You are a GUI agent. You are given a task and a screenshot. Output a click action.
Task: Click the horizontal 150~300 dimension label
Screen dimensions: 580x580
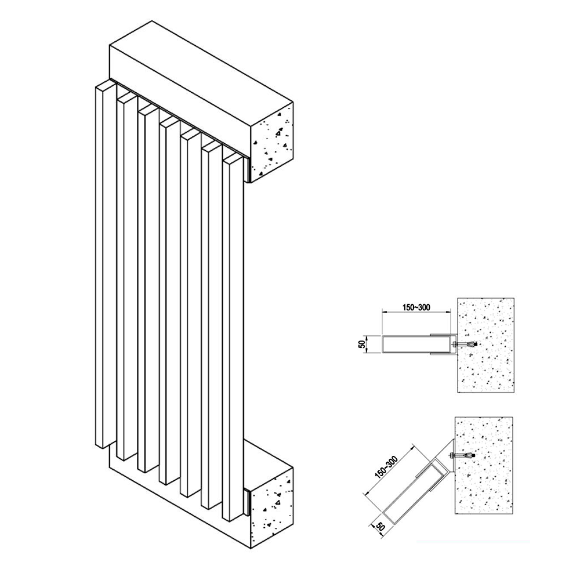pyautogui.click(x=416, y=307)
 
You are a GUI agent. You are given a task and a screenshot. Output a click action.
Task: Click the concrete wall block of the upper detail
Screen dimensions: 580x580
pyautogui.click(x=486, y=345)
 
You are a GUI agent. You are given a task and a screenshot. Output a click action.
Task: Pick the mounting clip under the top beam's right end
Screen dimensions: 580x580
pyautogui.click(x=247, y=169)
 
